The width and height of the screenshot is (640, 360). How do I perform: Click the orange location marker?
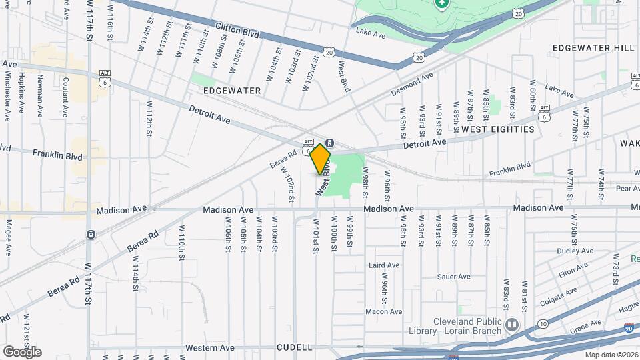pyautogui.click(x=321, y=159)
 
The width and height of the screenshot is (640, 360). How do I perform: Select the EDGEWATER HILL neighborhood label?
pyautogui.click(x=593, y=48)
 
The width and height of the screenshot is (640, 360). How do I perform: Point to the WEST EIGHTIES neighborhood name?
pyautogui.click(x=498, y=129)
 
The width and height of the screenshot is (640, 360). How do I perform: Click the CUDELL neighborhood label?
pyautogui.click(x=294, y=347)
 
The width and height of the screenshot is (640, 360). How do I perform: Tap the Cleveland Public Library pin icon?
pyautogui.click(x=512, y=325)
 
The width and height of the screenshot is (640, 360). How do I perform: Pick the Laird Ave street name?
pyautogui.click(x=384, y=265)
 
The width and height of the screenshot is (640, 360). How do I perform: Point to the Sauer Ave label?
pyautogui.click(x=454, y=277)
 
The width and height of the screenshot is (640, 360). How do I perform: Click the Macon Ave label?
pyautogui.click(x=384, y=311)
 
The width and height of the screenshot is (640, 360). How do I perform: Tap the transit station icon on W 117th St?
pyautogui.click(x=89, y=234)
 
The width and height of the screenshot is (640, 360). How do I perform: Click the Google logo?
pyautogui.click(x=22, y=351)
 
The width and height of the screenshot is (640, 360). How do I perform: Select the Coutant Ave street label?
pyautogui.click(x=66, y=94)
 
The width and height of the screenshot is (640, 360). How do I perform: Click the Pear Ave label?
pyautogui.click(x=628, y=189)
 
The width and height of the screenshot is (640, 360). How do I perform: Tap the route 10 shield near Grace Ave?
pyautogui.click(x=545, y=324)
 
